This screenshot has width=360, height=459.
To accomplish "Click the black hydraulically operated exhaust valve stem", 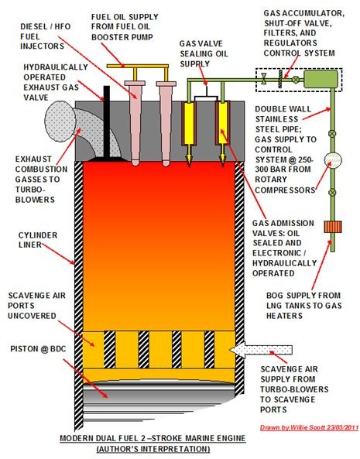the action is [x=107, y=122].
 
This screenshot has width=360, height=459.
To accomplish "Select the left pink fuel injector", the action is [x=135, y=123].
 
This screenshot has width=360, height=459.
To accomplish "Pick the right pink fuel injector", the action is [x=166, y=124].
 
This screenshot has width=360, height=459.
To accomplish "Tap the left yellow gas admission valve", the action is [x=189, y=132].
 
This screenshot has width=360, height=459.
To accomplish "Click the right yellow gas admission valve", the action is [x=223, y=132].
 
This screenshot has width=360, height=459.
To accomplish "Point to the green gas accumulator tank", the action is [x=321, y=79].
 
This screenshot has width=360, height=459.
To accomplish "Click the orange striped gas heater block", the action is [x=333, y=227].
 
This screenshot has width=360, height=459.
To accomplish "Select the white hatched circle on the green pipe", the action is [x=333, y=159].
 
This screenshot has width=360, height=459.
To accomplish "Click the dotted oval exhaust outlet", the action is [x=60, y=122].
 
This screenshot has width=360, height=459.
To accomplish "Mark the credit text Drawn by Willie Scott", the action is [x=309, y=428].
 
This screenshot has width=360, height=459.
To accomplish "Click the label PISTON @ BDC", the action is [x=38, y=349].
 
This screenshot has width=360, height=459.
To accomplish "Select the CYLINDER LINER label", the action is [x=38, y=240].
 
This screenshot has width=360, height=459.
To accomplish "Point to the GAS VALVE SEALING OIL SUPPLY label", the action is [x=204, y=54].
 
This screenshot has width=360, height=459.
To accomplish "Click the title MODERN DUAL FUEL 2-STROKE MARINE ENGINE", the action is [x=153, y=439].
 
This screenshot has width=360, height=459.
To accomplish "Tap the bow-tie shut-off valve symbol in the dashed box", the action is [x=264, y=78].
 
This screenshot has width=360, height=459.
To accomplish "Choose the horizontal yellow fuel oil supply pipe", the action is [x=138, y=66].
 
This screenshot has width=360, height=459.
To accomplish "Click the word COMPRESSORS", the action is [x=285, y=190].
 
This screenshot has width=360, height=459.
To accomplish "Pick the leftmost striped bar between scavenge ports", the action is [x=110, y=349].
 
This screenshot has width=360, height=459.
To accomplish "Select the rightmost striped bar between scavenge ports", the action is [x=209, y=349].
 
